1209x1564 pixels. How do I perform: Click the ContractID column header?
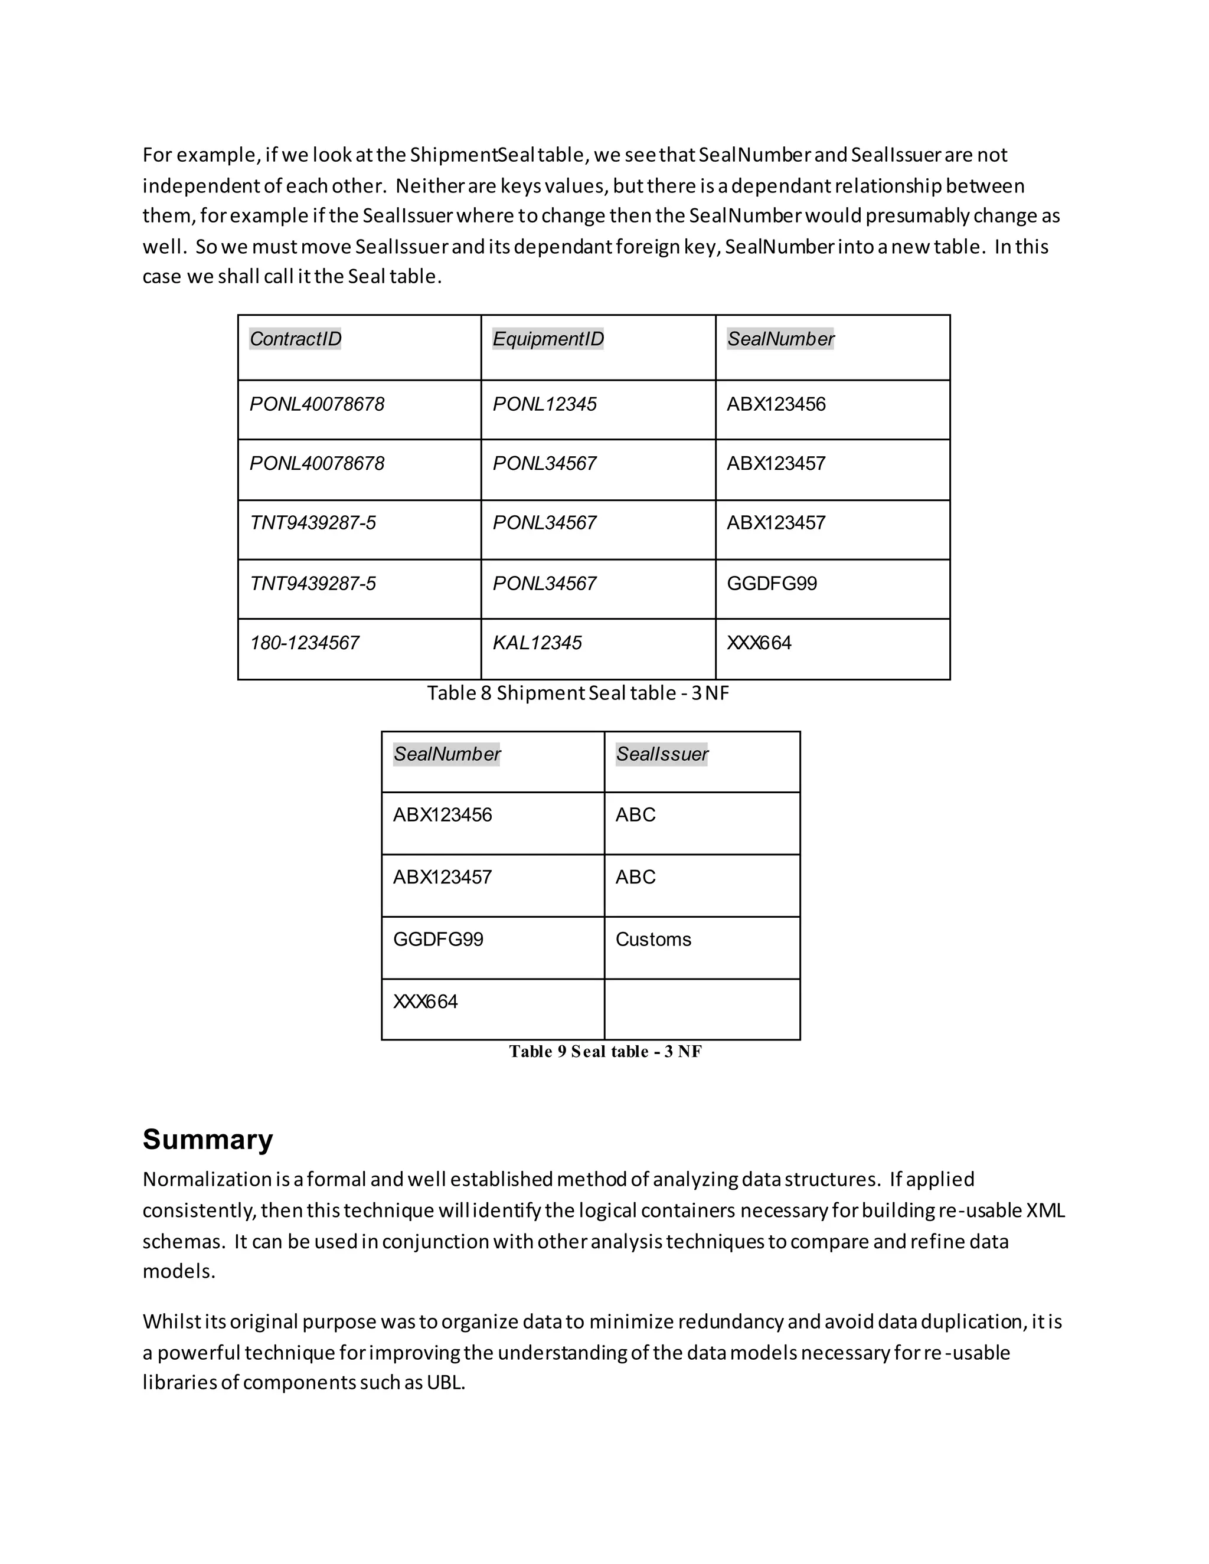pyautogui.click(x=295, y=339)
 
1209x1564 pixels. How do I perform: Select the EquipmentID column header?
pyautogui.click(x=548, y=339)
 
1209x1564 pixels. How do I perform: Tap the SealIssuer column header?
pyautogui.click(x=662, y=754)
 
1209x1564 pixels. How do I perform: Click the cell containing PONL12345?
pyautogui.click(x=544, y=405)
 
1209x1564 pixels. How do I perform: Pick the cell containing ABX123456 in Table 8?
pyautogui.click(x=776, y=405)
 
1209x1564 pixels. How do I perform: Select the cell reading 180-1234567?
pyautogui.click(x=305, y=643)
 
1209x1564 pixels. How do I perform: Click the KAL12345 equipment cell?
pyautogui.click(x=537, y=643)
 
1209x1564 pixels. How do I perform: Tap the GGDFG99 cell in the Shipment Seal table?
pyautogui.click(x=772, y=584)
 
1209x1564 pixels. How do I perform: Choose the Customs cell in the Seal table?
pyautogui.click(x=653, y=940)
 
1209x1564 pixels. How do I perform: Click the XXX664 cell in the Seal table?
pyautogui.click(x=426, y=1002)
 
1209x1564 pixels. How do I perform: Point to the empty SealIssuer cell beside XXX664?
pyautogui.click(x=702, y=1009)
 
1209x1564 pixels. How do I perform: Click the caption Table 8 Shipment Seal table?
pyautogui.click(x=578, y=693)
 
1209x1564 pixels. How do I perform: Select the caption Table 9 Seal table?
pyautogui.click(x=605, y=1051)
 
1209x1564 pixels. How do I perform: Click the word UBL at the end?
pyautogui.click(x=446, y=1382)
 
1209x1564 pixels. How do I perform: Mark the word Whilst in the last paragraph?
pyautogui.click(x=172, y=1321)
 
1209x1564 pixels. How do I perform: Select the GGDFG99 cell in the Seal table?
pyautogui.click(x=439, y=940)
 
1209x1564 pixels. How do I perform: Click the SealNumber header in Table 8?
pyautogui.click(x=780, y=339)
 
